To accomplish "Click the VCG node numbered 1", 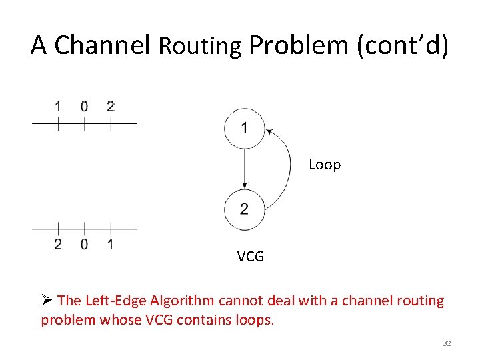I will tap(245, 127).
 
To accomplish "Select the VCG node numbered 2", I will tap(245, 209).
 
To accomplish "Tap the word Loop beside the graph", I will tap(325, 165).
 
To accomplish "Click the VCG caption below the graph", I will tap(250, 256).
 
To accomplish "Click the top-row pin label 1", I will tap(58, 106).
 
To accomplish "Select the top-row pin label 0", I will tap(84, 106).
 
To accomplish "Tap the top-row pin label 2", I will tap(111, 106).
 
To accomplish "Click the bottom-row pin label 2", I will tap(58, 245).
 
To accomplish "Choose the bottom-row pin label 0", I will tap(84, 245).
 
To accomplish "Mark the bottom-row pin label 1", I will tap(111, 245).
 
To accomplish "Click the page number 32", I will tap(447, 343).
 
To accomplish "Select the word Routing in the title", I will tap(199, 46).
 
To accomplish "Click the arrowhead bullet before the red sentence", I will tap(47, 301).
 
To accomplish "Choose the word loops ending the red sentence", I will tap(255, 320).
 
